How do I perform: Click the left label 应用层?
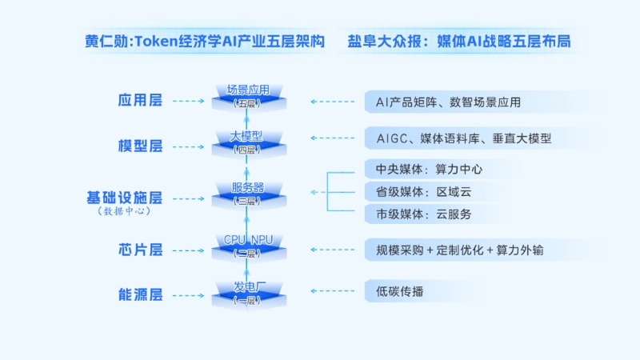point(140,101)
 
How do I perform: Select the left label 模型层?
point(140,146)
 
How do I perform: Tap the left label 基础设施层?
point(124,197)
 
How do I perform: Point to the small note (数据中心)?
point(124,211)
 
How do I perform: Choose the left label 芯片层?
point(140,250)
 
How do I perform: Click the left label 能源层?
point(140,295)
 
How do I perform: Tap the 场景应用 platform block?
point(247,95)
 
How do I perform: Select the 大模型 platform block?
point(247,142)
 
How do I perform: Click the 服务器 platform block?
point(247,193)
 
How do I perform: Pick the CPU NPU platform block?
point(247,245)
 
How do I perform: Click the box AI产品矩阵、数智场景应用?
point(480,102)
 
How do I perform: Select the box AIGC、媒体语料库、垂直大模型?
point(480,138)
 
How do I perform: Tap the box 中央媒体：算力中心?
point(480,170)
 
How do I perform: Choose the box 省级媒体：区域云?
point(480,192)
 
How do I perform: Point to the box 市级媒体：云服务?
point(480,214)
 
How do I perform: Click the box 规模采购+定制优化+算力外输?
point(480,250)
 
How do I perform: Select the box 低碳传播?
point(480,290)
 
